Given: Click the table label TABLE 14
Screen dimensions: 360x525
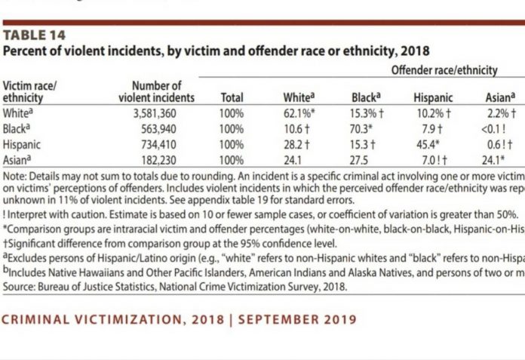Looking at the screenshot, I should click(34, 35).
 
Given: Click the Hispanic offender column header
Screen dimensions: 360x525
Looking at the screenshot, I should click(433, 97).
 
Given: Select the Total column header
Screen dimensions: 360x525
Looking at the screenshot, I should click(232, 97).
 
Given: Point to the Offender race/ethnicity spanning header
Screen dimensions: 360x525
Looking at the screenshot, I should click(444, 70).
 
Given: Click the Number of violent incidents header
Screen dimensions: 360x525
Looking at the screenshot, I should click(157, 91).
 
